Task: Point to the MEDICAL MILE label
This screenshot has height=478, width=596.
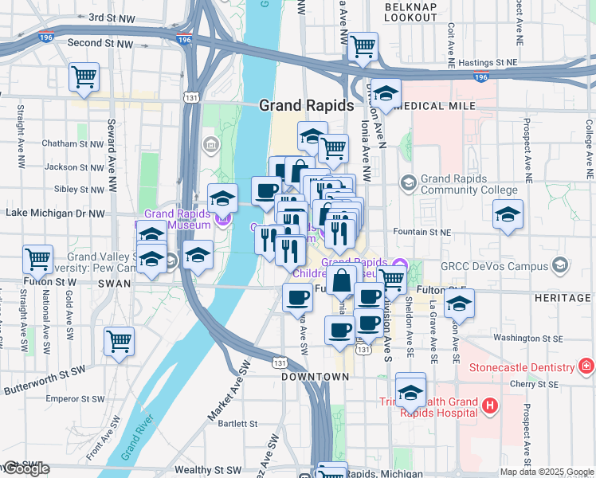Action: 434,106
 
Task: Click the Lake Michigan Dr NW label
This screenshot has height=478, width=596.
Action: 55,214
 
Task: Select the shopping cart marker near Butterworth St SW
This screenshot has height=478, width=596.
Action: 119,342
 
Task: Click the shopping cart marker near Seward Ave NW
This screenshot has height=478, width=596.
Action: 84,77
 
